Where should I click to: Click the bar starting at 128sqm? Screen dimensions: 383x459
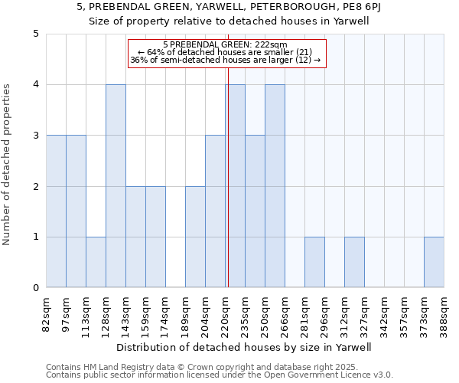click(x=116, y=186)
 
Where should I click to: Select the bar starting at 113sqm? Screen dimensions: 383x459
click(x=96, y=262)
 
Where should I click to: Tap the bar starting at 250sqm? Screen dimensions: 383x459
click(x=275, y=186)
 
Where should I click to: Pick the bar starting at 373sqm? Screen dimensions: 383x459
click(x=434, y=262)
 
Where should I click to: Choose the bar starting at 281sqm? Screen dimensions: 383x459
click(x=314, y=262)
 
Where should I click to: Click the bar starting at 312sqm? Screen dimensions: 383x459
click(x=354, y=262)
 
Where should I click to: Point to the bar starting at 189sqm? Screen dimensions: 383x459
click(x=195, y=237)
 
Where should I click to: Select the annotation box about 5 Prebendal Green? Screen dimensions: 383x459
click(x=226, y=53)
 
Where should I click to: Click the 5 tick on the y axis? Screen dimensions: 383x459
click(x=35, y=34)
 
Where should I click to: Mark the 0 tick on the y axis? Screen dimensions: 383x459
click(x=35, y=288)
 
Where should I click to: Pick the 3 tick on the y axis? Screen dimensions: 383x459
click(x=35, y=136)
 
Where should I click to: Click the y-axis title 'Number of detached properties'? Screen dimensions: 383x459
click(x=8, y=161)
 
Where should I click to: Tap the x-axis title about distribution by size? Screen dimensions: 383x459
click(x=244, y=347)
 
